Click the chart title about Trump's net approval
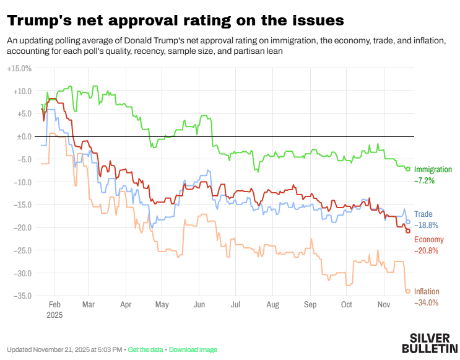(x=175, y=20)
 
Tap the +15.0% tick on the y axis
(x=19, y=68)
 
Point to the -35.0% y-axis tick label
(x=19, y=296)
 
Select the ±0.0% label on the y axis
(x=20, y=136)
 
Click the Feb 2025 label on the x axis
(x=54, y=309)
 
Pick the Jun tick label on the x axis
(x=199, y=305)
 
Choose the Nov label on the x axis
(x=383, y=305)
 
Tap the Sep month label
(x=310, y=305)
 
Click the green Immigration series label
(x=433, y=170)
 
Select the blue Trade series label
(x=423, y=214)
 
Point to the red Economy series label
(x=428, y=240)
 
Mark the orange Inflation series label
(x=427, y=291)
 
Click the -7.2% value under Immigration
(x=425, y=181)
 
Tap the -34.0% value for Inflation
(x=427, y=302)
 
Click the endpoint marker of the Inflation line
(x=408, y=291)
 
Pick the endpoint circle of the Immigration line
(x=408, y=169)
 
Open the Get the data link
(x=146, y=349)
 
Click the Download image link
(x=193, y=349)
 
